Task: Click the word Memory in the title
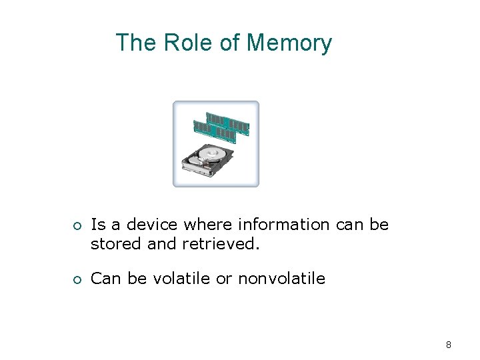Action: point(289,43)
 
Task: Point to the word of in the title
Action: point(229,43)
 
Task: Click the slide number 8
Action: point(449,345)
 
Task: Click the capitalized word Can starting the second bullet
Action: point(105,278)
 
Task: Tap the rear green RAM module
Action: point(228,122)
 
